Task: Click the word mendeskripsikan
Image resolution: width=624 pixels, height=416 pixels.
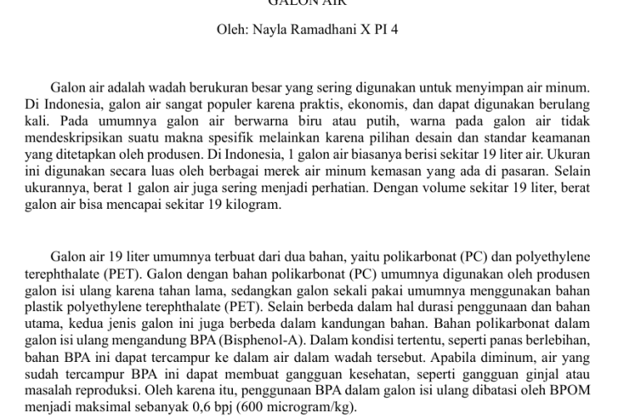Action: [71, 137]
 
